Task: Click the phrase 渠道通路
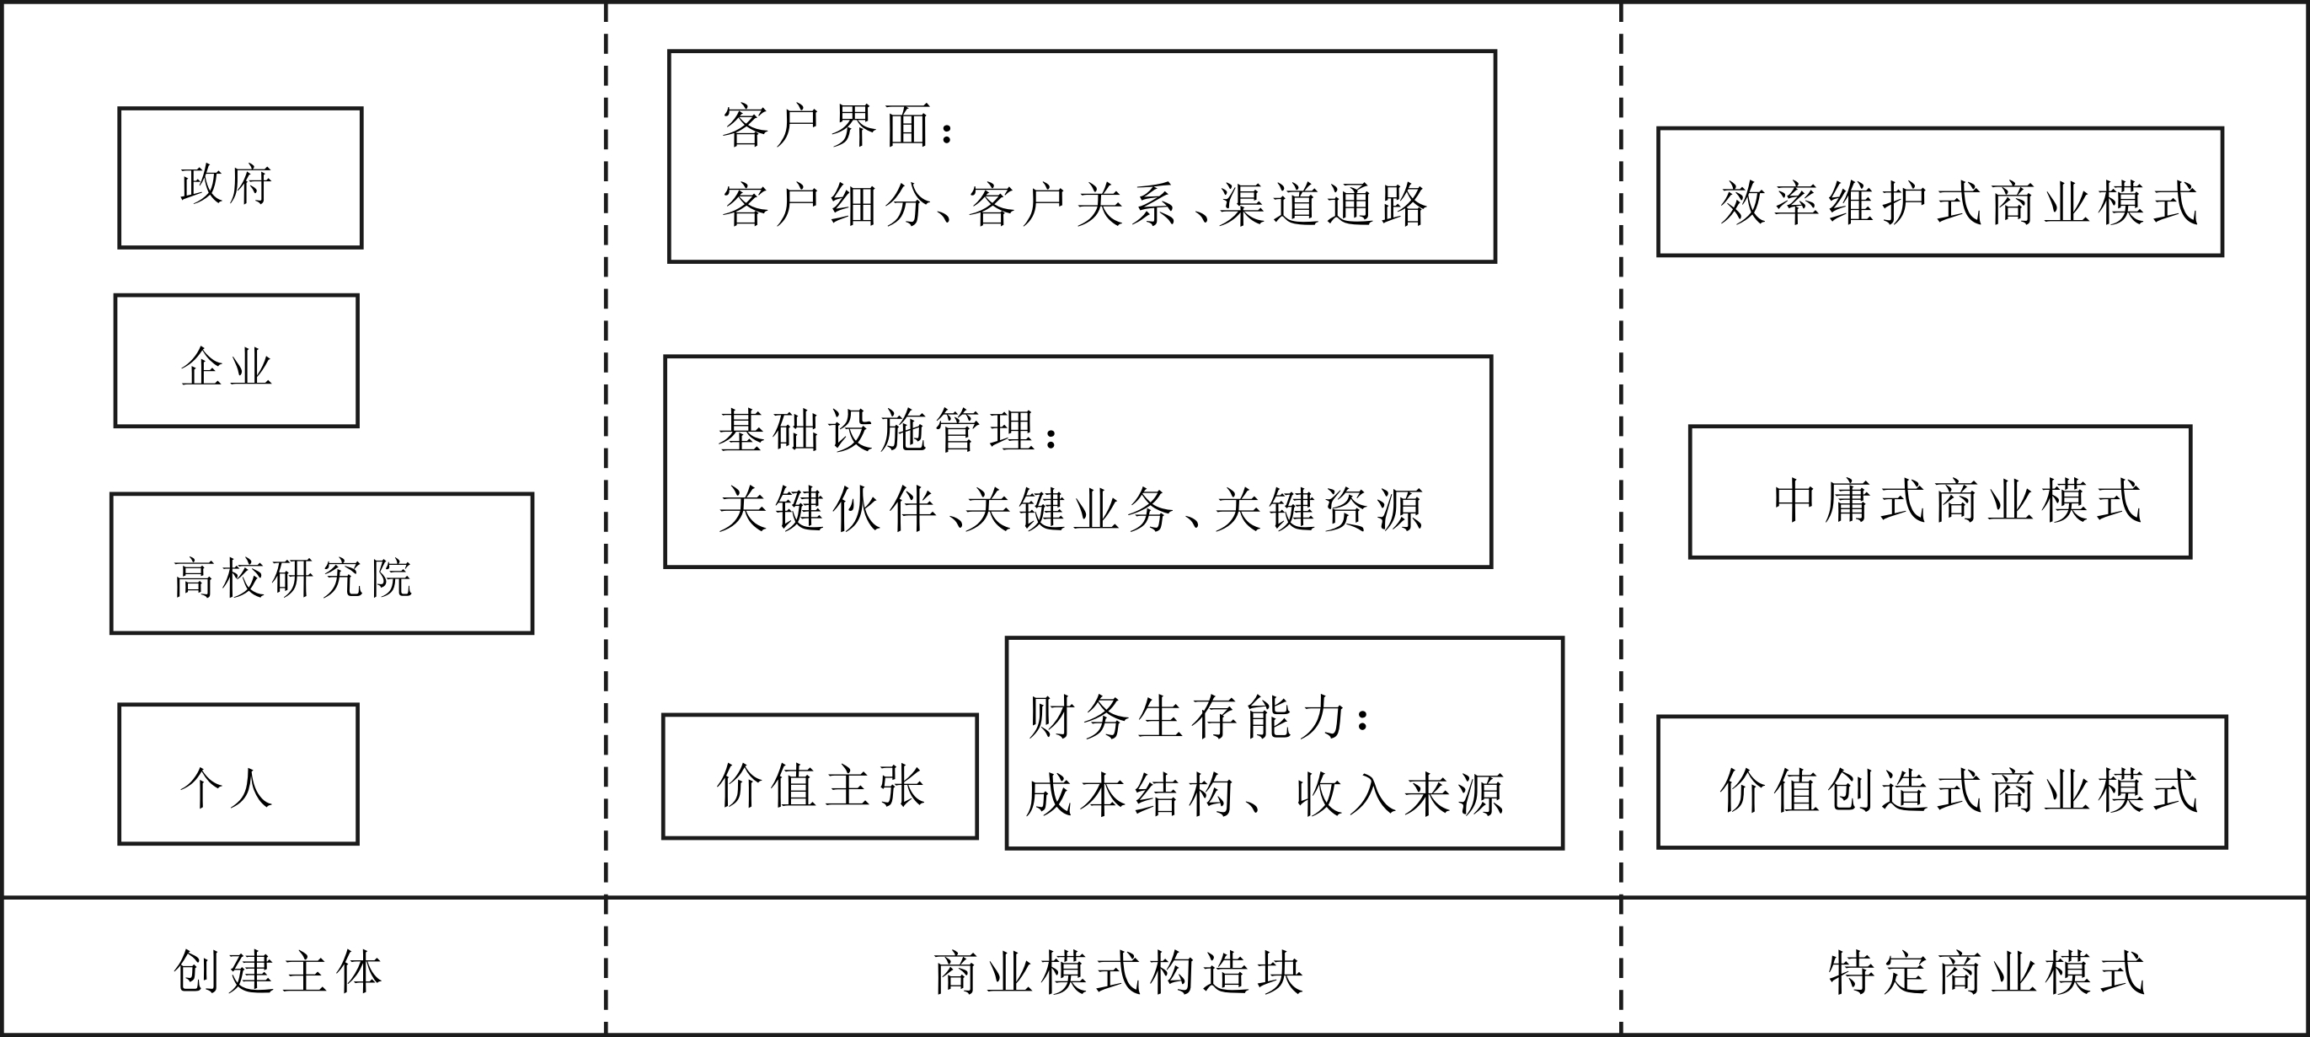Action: coord(1323,205)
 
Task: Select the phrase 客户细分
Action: coord(826,205)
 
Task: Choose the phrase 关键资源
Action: coord(1318,509)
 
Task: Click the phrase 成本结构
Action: coord(1130,795)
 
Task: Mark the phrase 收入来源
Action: coord(1400,795)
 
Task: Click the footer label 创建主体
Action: coord(278,971)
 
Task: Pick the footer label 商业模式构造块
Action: coord(1118,972)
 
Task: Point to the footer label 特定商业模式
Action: coord(1986,972)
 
